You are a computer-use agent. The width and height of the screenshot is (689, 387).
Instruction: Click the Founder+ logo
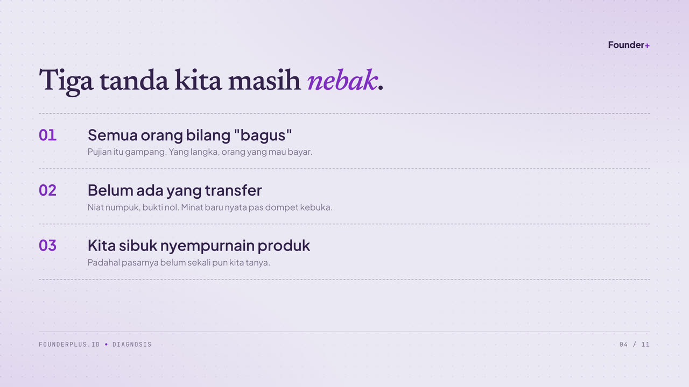[x=629, y=45]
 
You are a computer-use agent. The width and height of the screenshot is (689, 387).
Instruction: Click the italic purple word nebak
[x=342, y=80]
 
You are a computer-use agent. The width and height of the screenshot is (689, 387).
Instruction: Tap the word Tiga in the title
[x=66, y=81]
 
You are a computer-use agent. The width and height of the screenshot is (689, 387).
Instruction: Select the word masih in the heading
[x=264, y=80]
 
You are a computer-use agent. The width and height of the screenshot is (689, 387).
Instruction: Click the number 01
[x=48, y=135]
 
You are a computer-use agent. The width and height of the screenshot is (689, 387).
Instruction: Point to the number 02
[x=48, y=190]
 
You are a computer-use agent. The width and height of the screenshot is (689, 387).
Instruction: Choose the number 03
[x=48, y=246]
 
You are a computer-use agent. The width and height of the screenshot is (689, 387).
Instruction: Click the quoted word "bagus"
[x=263, y=135]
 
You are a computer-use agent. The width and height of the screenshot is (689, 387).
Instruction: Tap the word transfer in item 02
[x=234, y=190]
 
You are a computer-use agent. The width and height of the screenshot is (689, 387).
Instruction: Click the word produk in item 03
[x=284, y=246]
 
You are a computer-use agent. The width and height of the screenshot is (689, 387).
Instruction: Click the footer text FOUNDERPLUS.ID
[x=69, y=345]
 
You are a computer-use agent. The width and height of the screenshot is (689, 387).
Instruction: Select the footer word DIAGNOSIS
[x=132, y=345]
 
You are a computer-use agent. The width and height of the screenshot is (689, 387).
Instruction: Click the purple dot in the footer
[x=107, y=345]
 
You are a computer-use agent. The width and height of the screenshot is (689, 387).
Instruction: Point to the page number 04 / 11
[x=635, y=345]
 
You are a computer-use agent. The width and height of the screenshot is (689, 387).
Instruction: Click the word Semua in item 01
[x=113, y=135]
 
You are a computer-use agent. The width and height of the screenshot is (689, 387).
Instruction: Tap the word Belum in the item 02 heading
[x=110, y=190]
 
